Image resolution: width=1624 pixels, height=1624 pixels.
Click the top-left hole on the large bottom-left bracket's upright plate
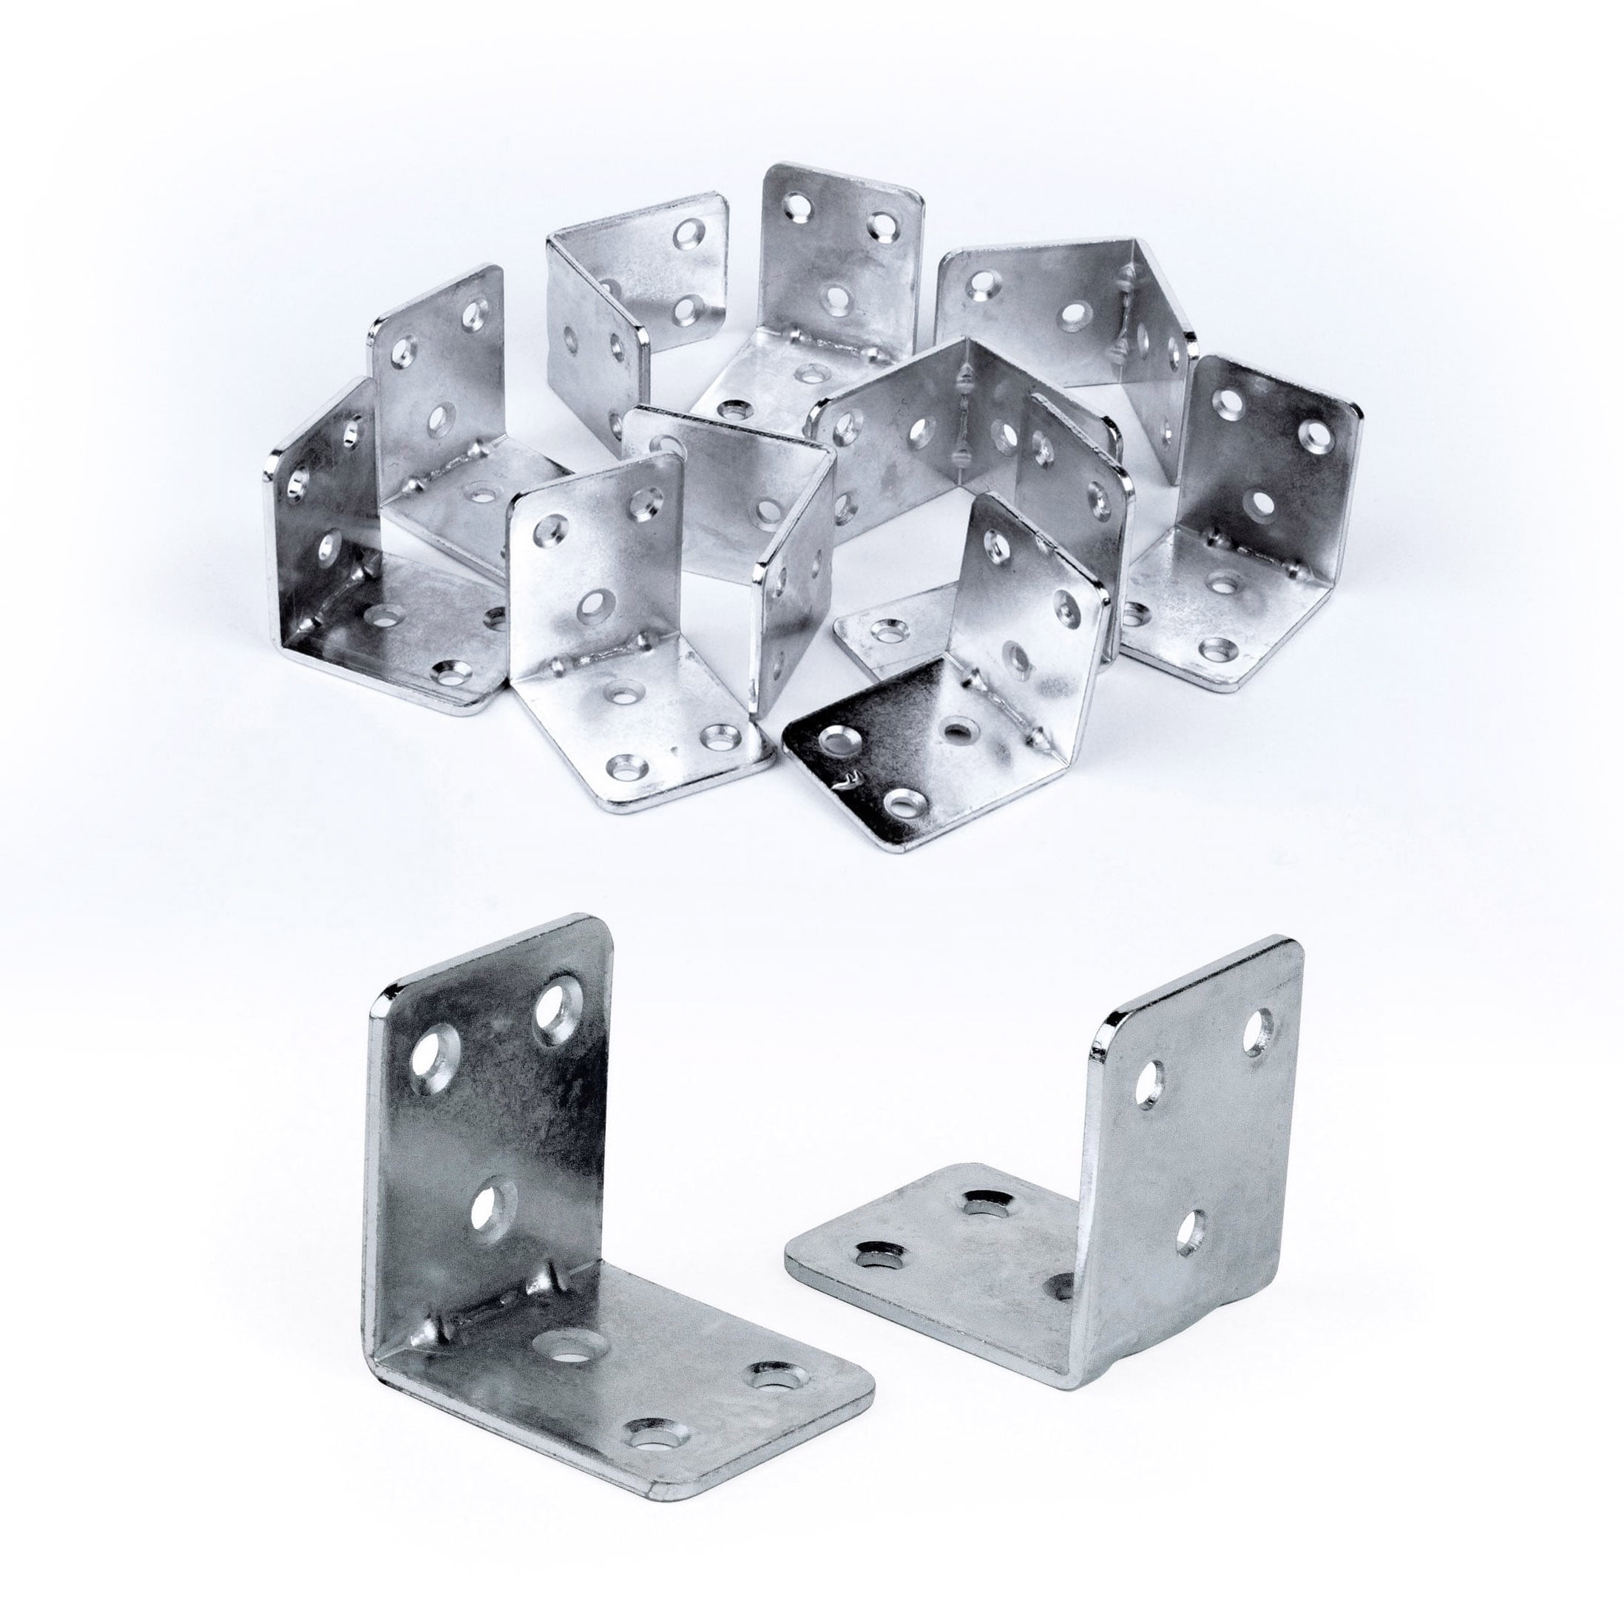[435, 1054]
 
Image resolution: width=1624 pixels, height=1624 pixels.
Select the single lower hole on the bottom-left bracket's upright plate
[493, 1212]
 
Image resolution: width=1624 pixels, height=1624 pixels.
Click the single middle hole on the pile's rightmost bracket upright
[1262, 504]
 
